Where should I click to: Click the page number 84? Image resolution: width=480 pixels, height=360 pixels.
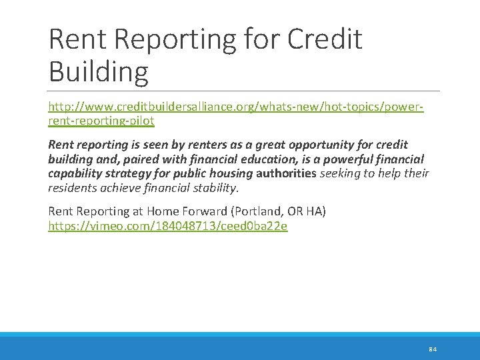(433, 349)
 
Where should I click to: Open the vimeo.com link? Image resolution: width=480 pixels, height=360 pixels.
(168, 226)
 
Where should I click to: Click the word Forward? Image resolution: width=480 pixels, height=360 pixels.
(204, 211)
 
